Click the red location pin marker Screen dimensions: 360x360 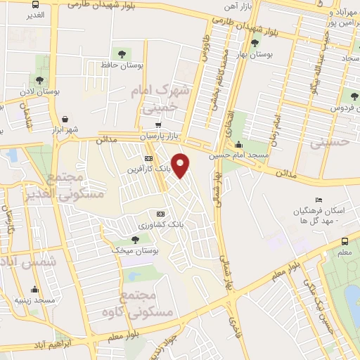[x=181, y=165]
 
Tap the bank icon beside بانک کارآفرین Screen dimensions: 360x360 [x=148, y=158]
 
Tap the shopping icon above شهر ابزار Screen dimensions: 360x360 [x=65, y=119]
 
